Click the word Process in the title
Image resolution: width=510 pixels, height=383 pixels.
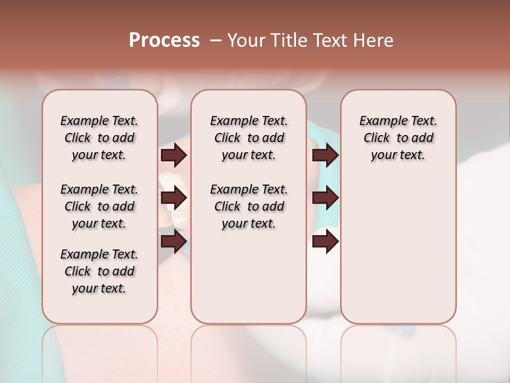point(164,40)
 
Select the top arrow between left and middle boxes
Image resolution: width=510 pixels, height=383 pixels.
point(174,155)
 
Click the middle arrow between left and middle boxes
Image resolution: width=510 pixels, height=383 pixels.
point(174,198)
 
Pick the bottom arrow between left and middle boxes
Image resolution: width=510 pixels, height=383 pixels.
point(174,242)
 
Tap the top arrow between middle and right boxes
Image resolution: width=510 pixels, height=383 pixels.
point(325,155)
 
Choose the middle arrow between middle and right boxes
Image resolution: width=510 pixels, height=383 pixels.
point(325,198)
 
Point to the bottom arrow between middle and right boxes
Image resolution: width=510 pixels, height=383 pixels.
point(325,242)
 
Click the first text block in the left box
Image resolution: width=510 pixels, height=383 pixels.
point(99,138)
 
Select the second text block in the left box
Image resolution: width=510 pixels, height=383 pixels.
point(99,206)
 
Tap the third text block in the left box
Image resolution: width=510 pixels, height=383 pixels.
point(99,271)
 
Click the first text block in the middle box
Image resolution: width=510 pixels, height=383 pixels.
point(249,138)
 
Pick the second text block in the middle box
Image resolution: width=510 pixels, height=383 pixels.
point(249,206)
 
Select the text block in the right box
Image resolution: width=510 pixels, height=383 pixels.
point(398,138)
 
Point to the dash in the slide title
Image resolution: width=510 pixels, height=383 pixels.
point(216,40)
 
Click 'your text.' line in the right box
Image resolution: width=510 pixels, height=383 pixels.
point(398,155)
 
